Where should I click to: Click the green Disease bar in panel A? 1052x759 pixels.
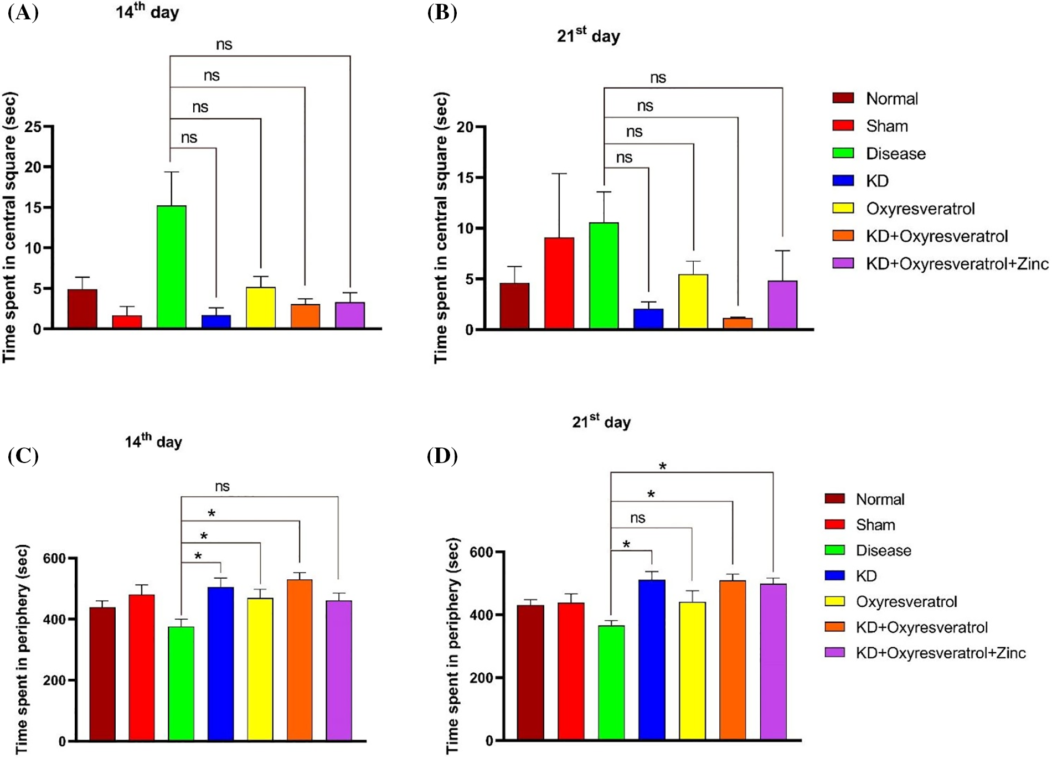tap(171, 267)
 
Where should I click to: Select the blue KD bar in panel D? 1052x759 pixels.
tap(652, 659)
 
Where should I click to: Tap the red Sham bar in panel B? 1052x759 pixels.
tap(559, 283)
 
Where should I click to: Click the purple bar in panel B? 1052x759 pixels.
tap(782, 305)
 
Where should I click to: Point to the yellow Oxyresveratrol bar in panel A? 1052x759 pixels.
tap(261, 308)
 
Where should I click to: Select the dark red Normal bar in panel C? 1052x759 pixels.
tap(102, 674)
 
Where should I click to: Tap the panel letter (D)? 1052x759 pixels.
tap(442, 457)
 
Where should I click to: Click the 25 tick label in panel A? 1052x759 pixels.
tap(33, 127)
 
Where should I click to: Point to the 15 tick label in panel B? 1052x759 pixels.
tap(465, 178)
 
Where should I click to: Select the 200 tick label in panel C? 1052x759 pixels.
tap(54, 680)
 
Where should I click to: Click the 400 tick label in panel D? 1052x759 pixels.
tap(482, 615)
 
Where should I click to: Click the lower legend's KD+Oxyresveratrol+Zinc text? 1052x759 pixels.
tap(941, 653)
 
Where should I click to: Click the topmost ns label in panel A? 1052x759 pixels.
tap(224, 44)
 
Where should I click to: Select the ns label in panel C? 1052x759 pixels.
tap(222, 486)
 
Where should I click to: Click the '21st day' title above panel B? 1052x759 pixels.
tap(588, 36)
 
